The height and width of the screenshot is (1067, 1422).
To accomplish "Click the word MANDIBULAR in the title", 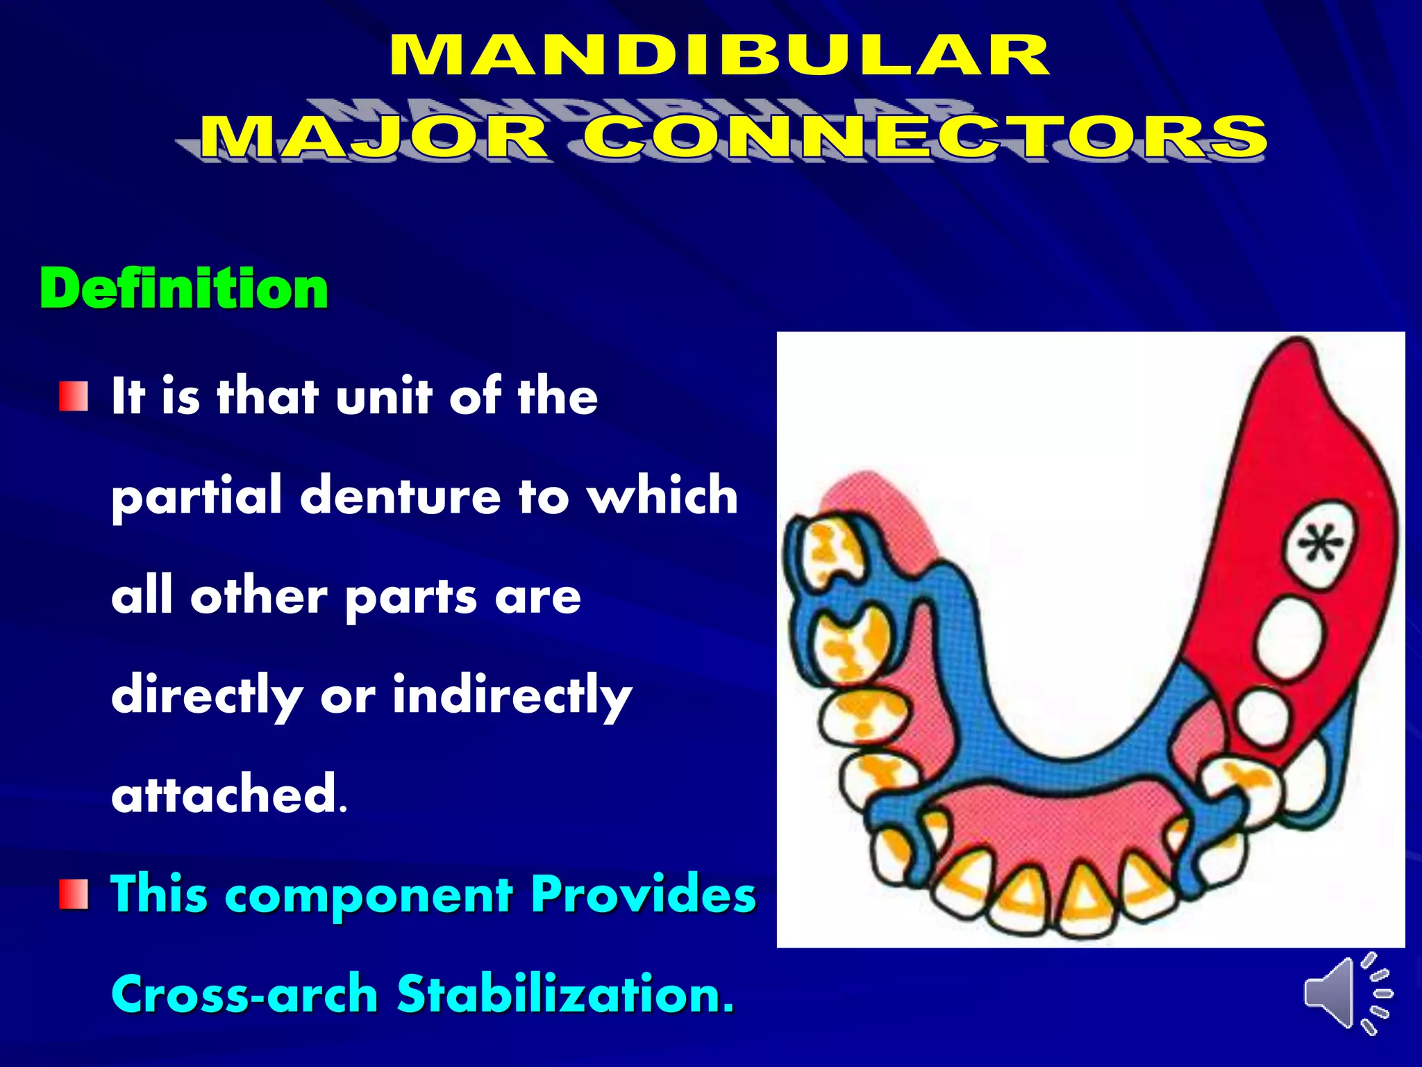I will point(719,56).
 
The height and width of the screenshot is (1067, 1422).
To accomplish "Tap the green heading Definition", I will point(184,288).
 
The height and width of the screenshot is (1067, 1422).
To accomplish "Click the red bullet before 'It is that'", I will point(74,396).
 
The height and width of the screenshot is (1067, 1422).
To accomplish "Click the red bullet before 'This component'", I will point(74,893).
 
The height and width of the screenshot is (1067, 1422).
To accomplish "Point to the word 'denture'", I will point(400,497).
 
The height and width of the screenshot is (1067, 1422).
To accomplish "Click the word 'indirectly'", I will point(512,696).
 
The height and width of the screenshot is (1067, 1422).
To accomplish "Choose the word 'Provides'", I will point(643,894).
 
